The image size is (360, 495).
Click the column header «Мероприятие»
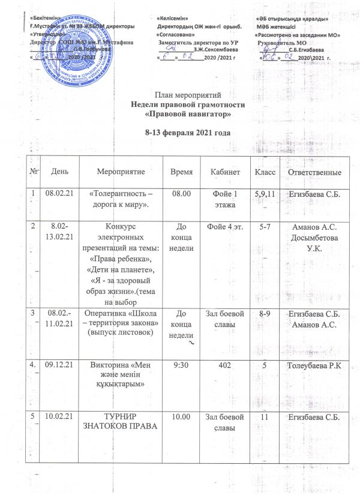pyautogui.click(x=127, y=172)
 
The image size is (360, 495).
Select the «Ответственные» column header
pyautogui.click(x=315, y=172)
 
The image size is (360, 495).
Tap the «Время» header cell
pyautogui.click(x=182, y=172)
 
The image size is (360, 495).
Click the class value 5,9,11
pyautogui.click(x=266, y=194)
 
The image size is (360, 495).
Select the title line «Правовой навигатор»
pyautogui.click(x=188, y=113)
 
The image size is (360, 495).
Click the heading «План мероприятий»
pyautogui.click(x=188, y=95)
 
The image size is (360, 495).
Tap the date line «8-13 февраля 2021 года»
pyautogui.click(x=188, y=132)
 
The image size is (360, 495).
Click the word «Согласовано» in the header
pyautogui.click(x=178, y=35)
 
